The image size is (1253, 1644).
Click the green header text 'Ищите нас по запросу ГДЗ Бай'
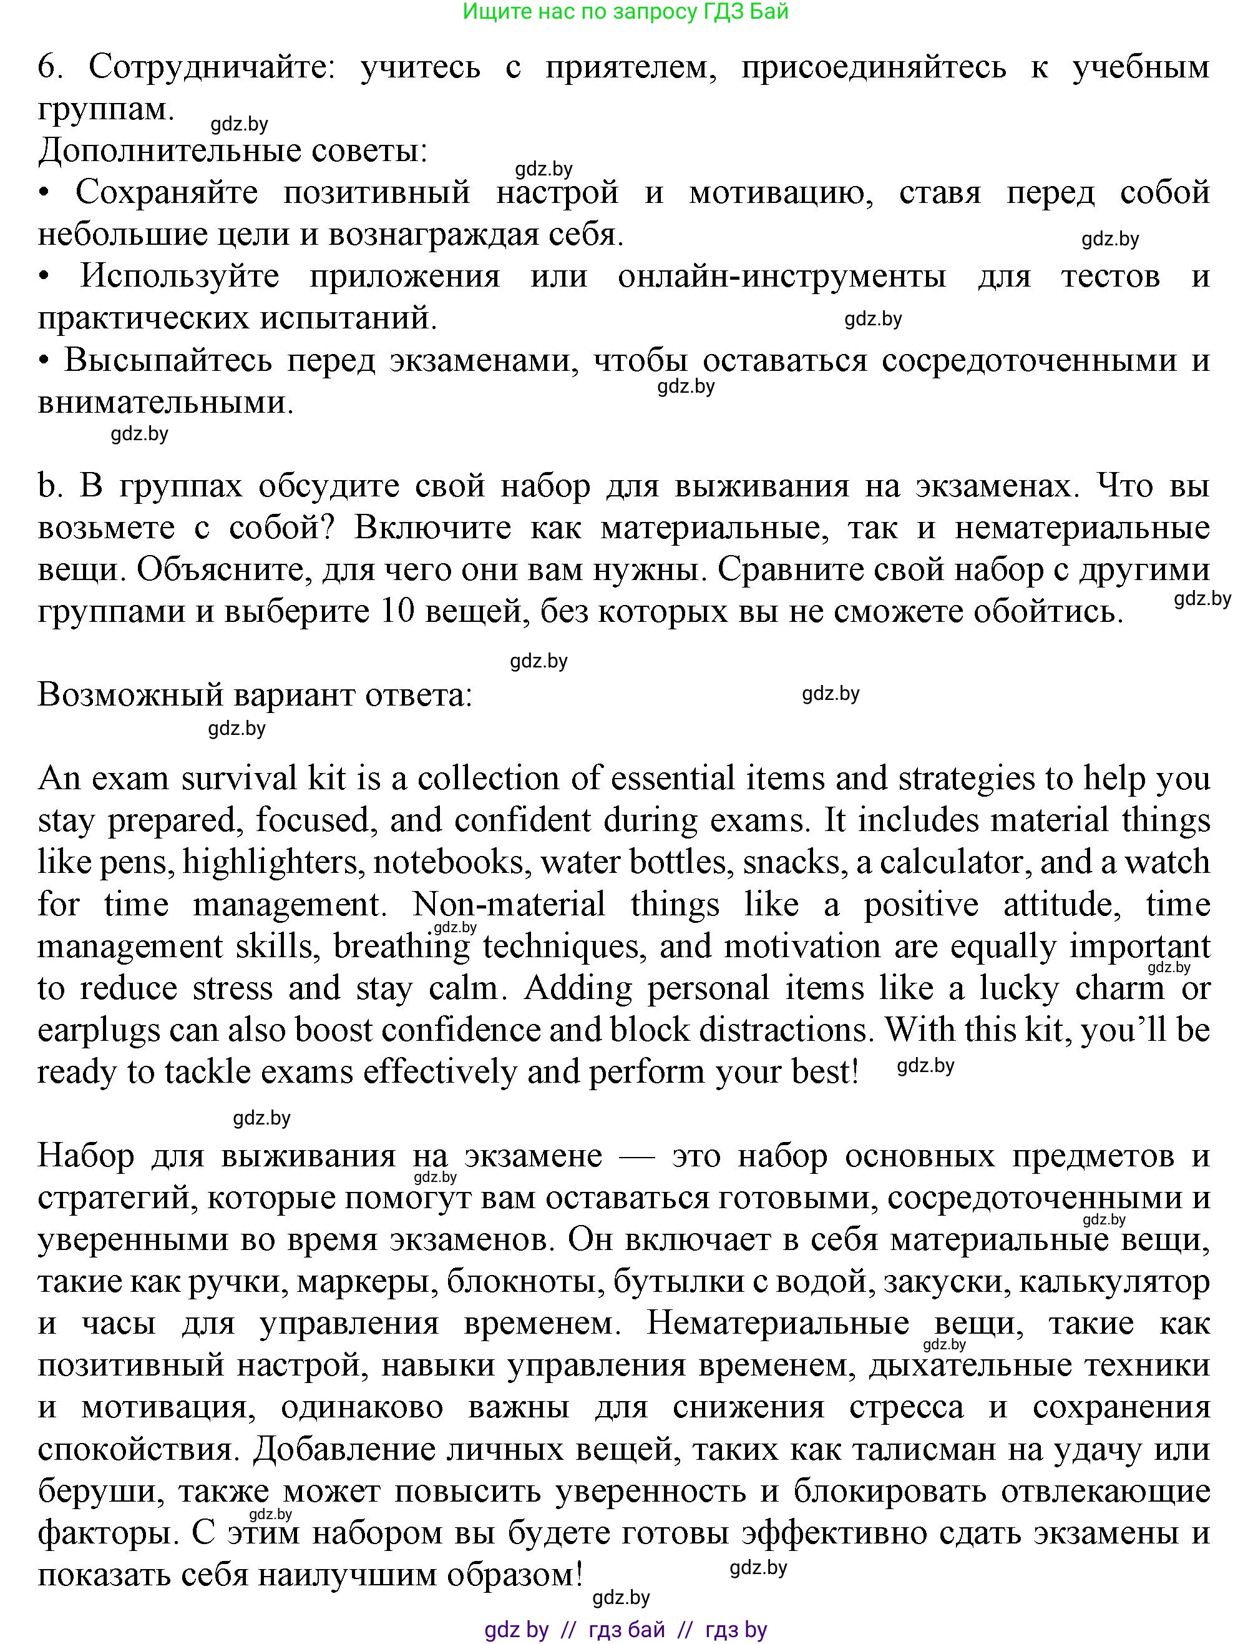click(x=625, y=12)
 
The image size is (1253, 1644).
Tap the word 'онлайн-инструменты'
click(x=782, y=277)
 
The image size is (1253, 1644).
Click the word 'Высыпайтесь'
click(x=168, y=361)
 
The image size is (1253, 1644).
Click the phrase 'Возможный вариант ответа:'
click(x=255, y=696)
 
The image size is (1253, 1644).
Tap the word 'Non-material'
click(x=509, y=905)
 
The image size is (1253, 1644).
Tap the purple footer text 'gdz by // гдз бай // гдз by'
click(x=625, y=1629)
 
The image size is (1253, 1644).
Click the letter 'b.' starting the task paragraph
click(x=49, y=486)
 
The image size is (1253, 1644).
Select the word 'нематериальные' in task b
click(x=1082, y=528)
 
